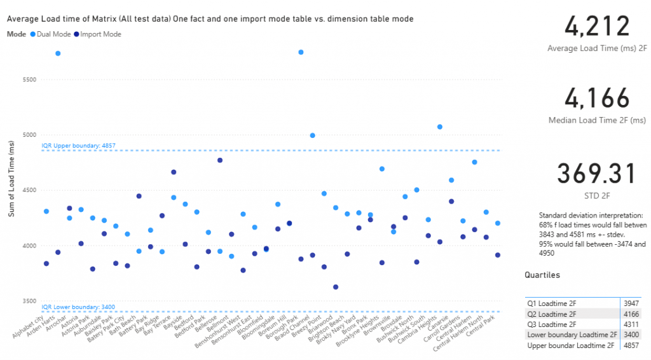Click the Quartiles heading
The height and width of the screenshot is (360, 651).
click(542, 275)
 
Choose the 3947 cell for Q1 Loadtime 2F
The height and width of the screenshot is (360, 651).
click(631, 303)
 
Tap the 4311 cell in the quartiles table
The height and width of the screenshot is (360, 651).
click(631, 324)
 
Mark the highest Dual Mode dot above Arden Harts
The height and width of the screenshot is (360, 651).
click(58, 53)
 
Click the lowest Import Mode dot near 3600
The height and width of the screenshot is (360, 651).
click(336, 287)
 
